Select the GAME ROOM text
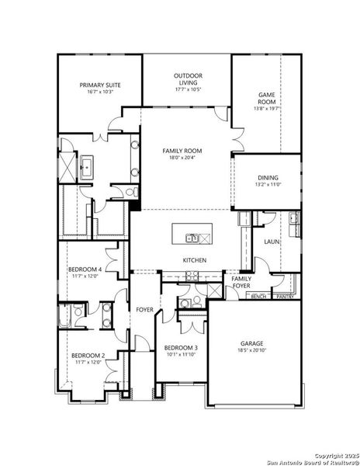coord(268,98)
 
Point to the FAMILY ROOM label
coord(182,150)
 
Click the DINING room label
coord(267,178)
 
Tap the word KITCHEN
coord(194,260)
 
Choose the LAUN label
coord(272,242)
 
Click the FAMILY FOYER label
coord(241,282)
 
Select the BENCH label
coord(259,297)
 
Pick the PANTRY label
coord(285,297)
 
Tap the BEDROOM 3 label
coord(181,348)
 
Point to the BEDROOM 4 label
coord(85,269)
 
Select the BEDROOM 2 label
coord(88,356)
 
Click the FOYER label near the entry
coord(144,310)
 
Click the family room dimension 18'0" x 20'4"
coord(182,158)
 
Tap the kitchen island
coord(192,237)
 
